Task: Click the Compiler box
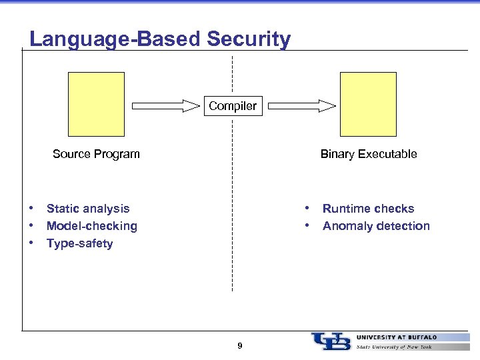(x=233, y=106)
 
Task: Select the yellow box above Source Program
(x=96, y=104)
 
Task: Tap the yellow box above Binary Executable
(x=368, y=104)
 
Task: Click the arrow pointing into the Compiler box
(x=166, y=105)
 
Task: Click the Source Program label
(x=96, y=154)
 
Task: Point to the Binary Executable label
(x=369, y=154)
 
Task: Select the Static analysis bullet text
(x=88, y=209)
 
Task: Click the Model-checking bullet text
(x=92, y=226)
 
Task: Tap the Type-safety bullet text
(x=80, y=243)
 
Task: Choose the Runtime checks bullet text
(x=368, y=209)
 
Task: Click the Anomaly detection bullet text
(x=376, y=226)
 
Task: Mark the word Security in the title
(x=249, y=39)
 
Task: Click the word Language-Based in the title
(x=115, y=39)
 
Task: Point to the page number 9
(x=240, y=345)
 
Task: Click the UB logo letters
(x=331, y=341)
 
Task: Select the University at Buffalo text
(x=397, y=337)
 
